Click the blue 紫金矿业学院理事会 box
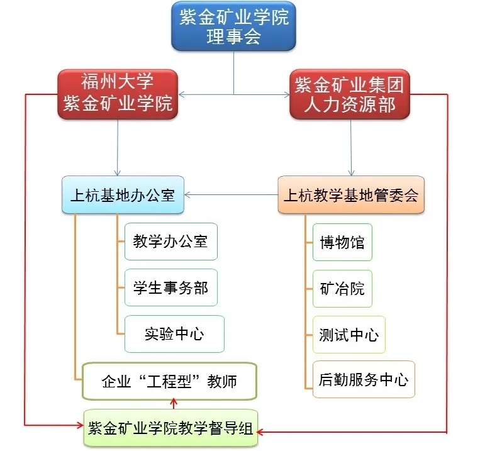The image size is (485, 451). (233, 26)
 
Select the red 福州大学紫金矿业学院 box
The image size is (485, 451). (118, 94)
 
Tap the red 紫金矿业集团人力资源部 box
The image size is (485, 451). (350, 94)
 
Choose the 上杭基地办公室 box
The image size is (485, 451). (123, 195)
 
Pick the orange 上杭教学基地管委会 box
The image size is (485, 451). (351, 195)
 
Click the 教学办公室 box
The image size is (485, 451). (171, 242)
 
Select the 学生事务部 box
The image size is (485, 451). (171, 287)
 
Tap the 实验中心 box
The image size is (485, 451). (174, 334)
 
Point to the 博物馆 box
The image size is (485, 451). (342, 242)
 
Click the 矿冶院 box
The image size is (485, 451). (342, 289)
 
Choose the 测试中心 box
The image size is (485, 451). (349, 335)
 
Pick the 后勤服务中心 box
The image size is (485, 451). (364, 379)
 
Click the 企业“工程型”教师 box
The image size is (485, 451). (169, 381)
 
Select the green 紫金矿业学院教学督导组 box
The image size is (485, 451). (170, 428)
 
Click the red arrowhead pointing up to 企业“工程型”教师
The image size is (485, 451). (174, 402)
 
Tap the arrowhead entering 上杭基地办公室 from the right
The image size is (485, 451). (187, 195)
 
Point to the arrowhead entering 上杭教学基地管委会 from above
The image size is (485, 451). (351, 172)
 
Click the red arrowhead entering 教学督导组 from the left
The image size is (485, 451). (81, 425)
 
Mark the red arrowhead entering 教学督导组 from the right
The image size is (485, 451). (260, 432)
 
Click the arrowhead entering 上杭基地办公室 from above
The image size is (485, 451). (117, 172)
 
